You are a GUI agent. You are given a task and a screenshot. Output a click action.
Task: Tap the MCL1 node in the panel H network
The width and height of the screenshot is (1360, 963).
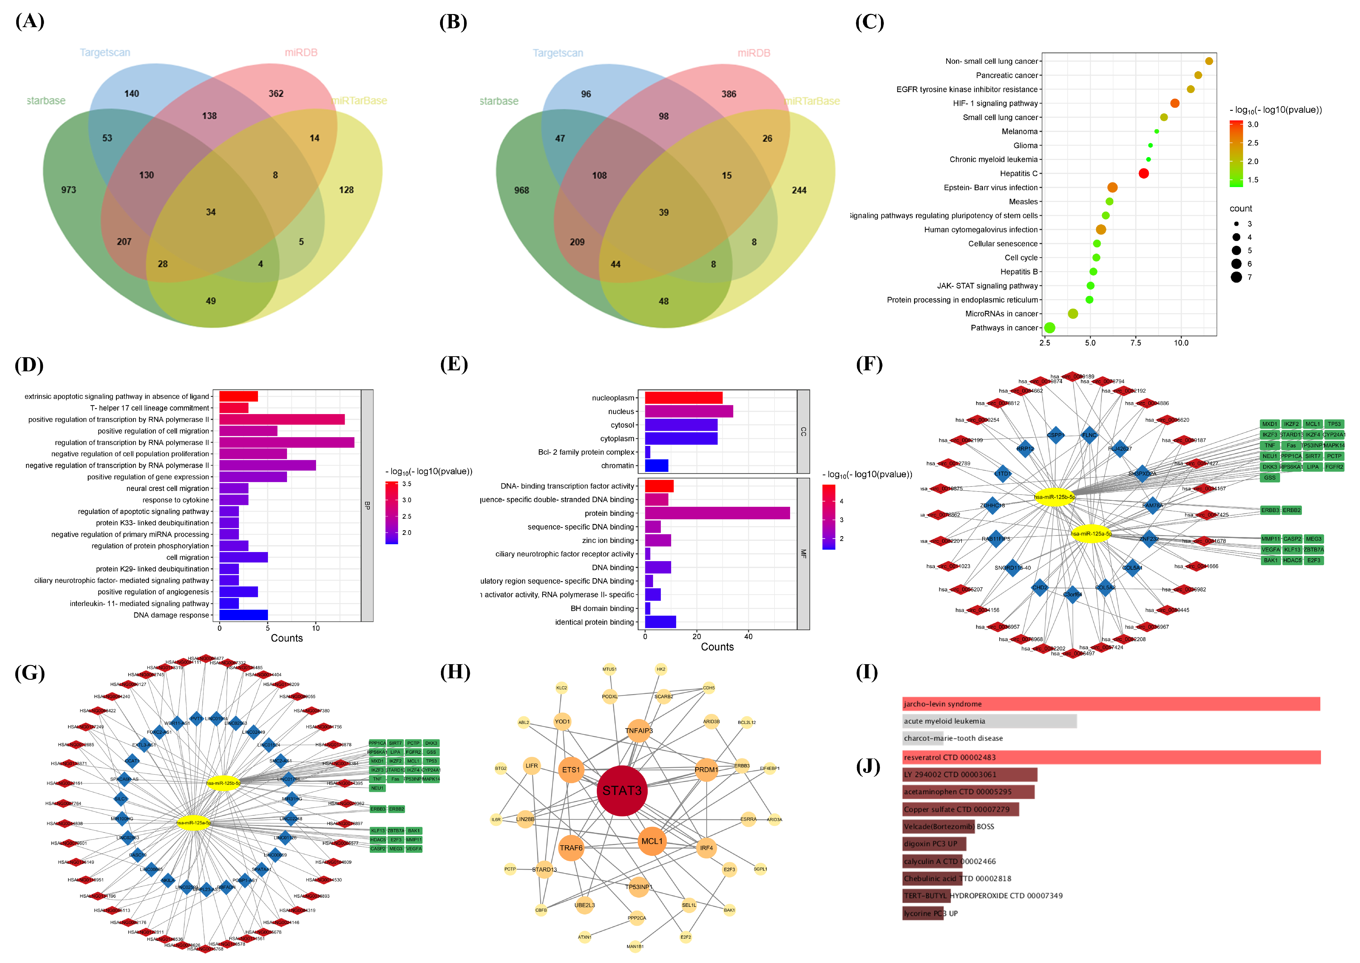pyautogui.click(x=651, y=841)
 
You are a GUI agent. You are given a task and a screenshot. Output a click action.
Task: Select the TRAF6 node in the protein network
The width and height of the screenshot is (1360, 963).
pyautogui.click(x=571, y=848)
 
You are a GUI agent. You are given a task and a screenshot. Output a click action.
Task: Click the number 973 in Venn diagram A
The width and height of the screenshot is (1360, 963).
pyautogui.click(x=69, y=190)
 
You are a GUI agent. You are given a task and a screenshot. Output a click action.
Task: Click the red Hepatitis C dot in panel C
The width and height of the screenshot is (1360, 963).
pyautogui.click(x=1144, y=174)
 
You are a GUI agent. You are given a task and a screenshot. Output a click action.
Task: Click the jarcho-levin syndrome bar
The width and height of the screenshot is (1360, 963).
pyautogui.click(x=1110, y=704)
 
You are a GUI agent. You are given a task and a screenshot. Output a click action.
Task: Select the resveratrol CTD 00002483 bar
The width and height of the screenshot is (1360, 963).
pyautogui.click(x=1110, y=757)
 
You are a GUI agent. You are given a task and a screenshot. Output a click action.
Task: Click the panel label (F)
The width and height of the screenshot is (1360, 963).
pyautogui.click(x=869, y=364)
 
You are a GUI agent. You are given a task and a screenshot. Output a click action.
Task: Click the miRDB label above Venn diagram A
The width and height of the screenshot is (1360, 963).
pyautogui.click(x=301, y=53)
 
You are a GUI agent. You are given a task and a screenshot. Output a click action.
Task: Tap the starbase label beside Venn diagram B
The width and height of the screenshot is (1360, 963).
pyautogui.click(x=499, y=101)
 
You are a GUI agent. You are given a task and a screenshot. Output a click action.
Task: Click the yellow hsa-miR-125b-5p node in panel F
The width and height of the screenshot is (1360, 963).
pyautogui.click(x=1054, y=497)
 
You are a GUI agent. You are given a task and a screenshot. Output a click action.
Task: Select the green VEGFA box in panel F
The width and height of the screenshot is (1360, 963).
pyautogui.click(x=1270, y=550)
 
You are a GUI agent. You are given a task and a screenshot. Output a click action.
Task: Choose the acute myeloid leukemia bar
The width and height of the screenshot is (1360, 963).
pyautogui.click(x=989, y=721)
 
